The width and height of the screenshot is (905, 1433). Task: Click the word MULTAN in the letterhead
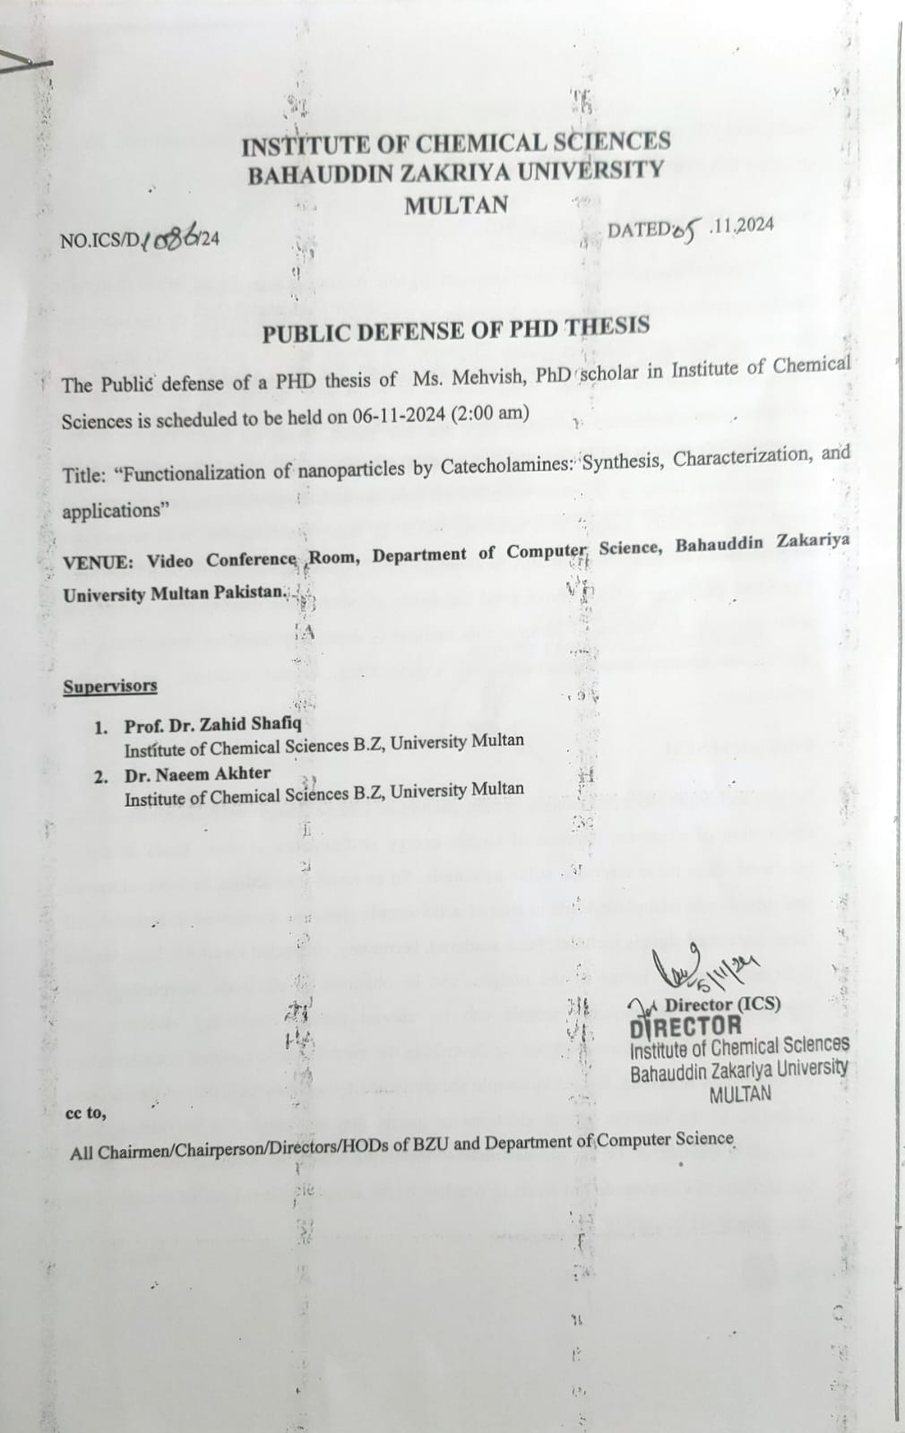pyautogui.click(x=456, y=205)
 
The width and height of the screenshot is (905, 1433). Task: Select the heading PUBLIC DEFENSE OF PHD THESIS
pyautogui.click(x=455, y=331)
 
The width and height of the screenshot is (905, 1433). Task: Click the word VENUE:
pyautogui.click(x=99, y=562)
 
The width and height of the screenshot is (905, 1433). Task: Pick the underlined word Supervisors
pyautogui.click(x=110, y=686)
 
